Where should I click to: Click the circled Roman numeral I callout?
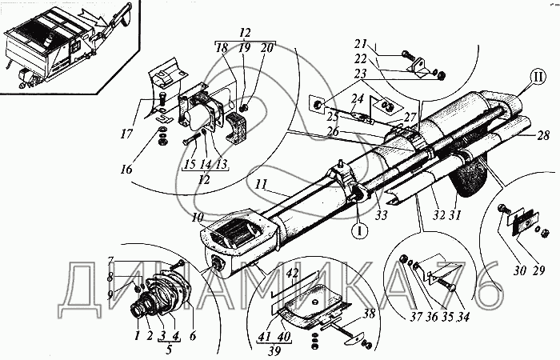click(359, 230)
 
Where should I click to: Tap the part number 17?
click(127, 135)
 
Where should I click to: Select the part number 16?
click(126, 168)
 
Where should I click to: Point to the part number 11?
click(262, 185)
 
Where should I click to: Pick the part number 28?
click(542, 135)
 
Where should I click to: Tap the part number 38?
click(369, 314)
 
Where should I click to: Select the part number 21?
click(362, 44)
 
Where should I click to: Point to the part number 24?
click(358, 98)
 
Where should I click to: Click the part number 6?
click(193, 335)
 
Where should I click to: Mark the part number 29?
click(538, 270)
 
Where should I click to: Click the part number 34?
click(462, 317)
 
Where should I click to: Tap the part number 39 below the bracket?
click(274, 350)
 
